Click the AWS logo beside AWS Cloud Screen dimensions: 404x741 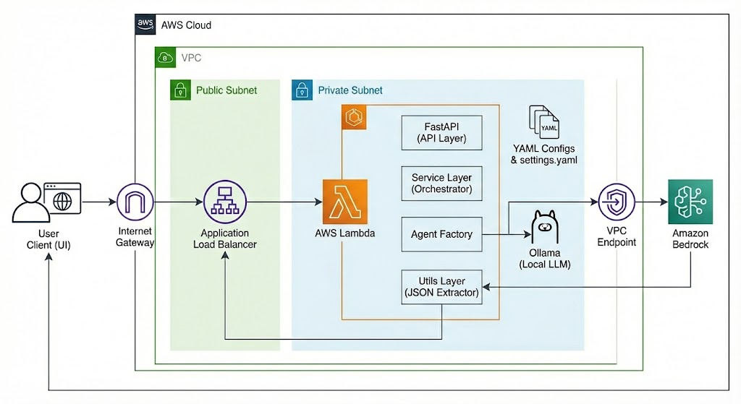[145, 25]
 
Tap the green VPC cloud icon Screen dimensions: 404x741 [165, 58]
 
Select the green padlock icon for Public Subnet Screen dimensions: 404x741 [179, 90]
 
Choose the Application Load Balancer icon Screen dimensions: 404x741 [224, 202]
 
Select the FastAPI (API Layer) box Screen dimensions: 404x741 [441, 132]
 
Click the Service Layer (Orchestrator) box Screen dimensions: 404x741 [441, 183]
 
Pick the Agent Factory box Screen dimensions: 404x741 [441, 234]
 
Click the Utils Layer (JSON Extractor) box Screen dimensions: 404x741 [441, 286]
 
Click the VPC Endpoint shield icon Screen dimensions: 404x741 [617, 202]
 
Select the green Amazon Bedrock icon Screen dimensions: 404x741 [690, 202]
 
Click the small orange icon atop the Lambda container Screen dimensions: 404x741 [354, 117]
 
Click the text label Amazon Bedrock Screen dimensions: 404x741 [690, 239]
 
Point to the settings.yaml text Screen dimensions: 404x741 [549, 160]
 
